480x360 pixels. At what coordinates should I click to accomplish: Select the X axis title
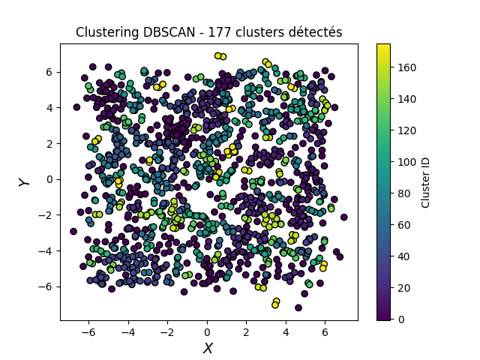tap(208, 348)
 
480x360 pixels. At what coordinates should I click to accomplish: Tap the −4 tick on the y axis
tap(47, 250)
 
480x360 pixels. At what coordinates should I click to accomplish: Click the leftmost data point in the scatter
tap(73, 232)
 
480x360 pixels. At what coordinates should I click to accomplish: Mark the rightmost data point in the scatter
tap(344, 217)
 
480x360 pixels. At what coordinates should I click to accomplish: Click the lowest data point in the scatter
tap(298, 307)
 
